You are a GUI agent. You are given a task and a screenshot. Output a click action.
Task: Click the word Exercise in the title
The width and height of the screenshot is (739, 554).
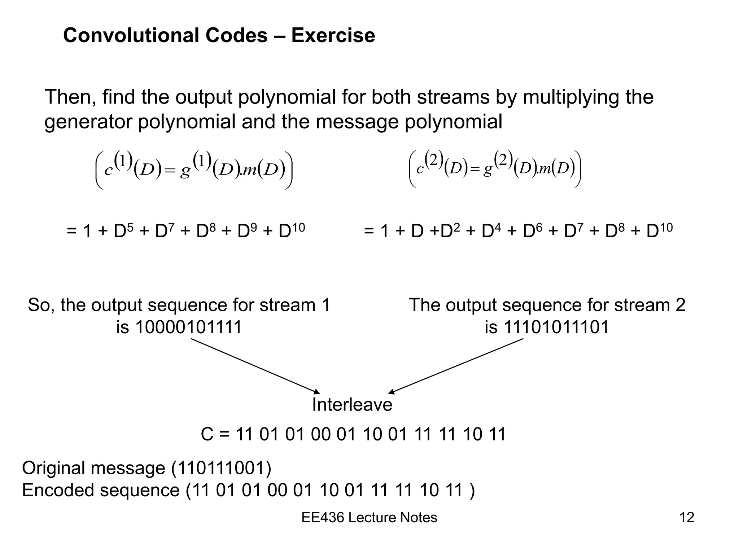[333, 35]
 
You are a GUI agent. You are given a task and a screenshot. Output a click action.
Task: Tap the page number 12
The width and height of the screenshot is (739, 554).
[686, 518]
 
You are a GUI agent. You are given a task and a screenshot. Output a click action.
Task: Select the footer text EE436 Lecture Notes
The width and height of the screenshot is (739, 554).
[369, 518]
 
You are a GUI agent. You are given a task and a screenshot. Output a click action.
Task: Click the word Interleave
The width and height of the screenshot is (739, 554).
[352, 404]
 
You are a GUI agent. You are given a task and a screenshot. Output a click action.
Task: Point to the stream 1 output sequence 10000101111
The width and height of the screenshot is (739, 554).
[188, 327]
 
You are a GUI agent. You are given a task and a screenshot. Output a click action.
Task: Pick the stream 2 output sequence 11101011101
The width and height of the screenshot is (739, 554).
[556, 327]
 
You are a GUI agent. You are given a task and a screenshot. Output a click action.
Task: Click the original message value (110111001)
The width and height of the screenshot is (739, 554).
[221, 468]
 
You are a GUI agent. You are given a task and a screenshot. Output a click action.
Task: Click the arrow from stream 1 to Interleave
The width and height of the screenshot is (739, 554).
[255, 366]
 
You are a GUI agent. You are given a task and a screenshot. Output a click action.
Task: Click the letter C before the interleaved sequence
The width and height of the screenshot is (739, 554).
[207, 434]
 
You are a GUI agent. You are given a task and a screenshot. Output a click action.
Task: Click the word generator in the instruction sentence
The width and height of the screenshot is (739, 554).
[88, 122]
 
